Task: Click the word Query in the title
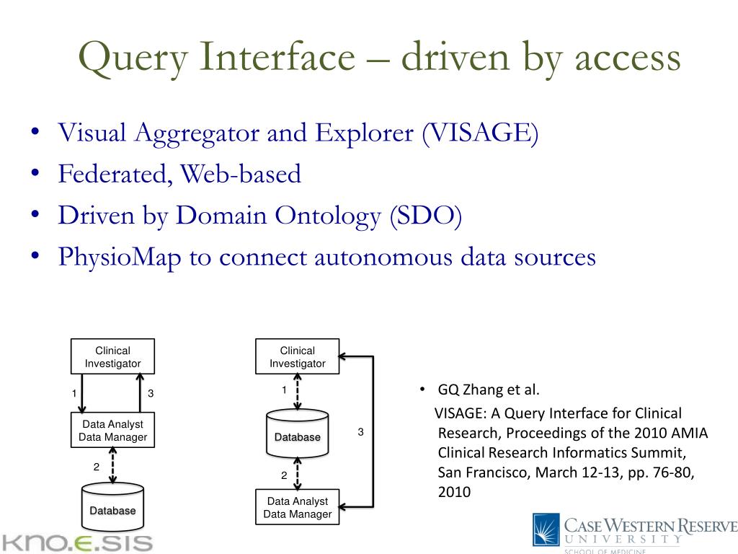127,58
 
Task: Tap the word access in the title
629,58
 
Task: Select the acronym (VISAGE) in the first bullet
481,133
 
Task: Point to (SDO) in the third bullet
425,216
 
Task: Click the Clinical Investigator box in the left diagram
112,357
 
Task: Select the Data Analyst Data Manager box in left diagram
112,431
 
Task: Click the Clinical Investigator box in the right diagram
298,357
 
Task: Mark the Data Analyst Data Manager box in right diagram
298,507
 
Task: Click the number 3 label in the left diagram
151,394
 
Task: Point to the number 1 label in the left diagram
74,394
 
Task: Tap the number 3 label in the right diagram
360,432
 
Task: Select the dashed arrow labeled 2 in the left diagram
112,466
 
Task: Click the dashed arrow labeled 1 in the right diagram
298,392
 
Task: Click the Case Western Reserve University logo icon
546,529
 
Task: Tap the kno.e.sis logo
76,542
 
